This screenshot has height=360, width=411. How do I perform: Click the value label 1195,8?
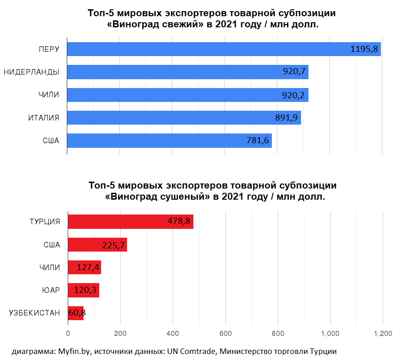[364, 49]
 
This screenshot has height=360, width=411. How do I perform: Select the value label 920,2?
[294, 95]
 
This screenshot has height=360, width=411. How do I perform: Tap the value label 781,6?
[257, 140]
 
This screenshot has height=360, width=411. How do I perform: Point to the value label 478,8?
[179, 221]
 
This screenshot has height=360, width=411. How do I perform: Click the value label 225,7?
[113, 245]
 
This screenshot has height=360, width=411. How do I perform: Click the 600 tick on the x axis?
[225, 334]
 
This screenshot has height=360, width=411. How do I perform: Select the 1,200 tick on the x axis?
[383, 334]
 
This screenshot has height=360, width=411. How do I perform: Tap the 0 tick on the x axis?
[68, 334]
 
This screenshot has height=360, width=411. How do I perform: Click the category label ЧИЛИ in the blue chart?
[49, 95]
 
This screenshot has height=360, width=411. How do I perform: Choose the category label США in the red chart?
[51, 245]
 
